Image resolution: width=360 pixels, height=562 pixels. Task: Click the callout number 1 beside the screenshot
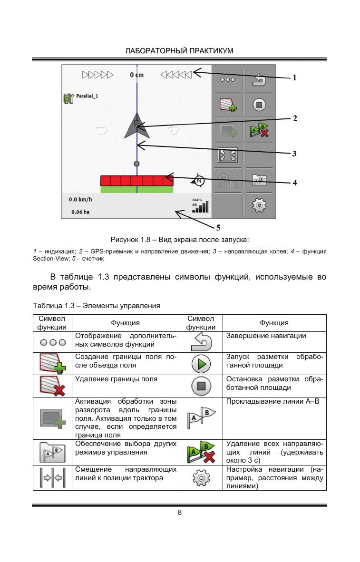click(294, 78)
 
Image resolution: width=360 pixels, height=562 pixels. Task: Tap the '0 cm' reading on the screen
click(136, 75)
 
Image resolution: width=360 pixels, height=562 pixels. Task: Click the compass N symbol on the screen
click(200, 181)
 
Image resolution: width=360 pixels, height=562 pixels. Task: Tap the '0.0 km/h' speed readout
click(80, 200)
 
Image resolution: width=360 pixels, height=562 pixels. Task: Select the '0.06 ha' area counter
click(80, 212)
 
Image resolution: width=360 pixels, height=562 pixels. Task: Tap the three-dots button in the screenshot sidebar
click(227, 79)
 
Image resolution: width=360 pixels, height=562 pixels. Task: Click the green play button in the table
click(201, 365)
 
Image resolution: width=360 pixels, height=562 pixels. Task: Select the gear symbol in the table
click(201, 477)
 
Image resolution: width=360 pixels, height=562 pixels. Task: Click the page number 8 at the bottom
click(180, 513)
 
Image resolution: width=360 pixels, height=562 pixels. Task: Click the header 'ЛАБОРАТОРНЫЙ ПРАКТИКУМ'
click(179, 50)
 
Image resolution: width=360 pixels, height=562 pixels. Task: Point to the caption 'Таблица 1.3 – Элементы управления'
click(96, 305)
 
